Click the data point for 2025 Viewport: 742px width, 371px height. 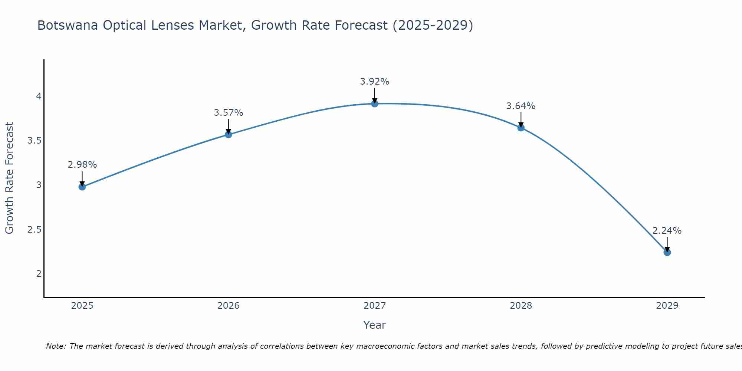[x=82, y=187]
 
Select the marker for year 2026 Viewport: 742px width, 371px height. [x=229, y=134]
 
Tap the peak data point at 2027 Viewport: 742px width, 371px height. [x=375, y=104]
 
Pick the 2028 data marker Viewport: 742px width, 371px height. [x=521, y=128]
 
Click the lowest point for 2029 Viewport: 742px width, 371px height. [x=667, y=252]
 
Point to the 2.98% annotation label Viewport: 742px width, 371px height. [x=82, y=165]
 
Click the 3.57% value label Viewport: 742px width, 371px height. [x=229, y=113]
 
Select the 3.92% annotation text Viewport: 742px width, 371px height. [x=375, y=82]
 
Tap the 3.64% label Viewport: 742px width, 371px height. [x=521, y=106]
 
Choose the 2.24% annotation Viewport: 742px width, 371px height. [x=667, y=231]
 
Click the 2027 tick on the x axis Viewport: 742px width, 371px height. [x=375, y=306]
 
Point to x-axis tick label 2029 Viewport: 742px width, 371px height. [x=667, y=306]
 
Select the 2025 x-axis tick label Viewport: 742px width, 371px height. [x=82, y=306]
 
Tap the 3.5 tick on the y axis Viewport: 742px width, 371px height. [x=34, y=141]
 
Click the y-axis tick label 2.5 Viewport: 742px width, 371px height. [x=34, y=229]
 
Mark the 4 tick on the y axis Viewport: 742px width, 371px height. [x=39, y=96]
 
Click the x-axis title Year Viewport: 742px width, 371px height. [x=375, y=325]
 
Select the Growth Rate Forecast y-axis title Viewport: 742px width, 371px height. [x=10, y=178]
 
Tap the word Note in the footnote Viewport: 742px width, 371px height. [x=56, y=346]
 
